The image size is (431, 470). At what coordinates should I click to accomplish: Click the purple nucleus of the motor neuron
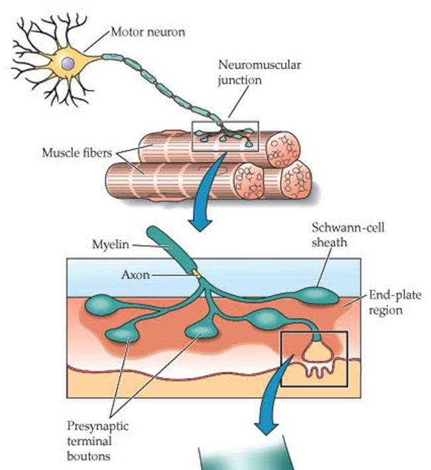[68, 64]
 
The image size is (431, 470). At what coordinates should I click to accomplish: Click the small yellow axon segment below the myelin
[195, 272]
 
